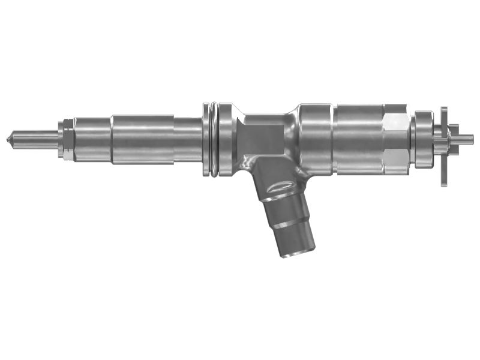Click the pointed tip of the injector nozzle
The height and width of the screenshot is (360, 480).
coord(8,139)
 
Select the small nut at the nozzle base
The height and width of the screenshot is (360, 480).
coord(65,139)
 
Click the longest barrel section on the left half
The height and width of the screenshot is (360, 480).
coord(142,139)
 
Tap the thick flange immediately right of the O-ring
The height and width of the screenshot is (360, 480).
coord(226,139)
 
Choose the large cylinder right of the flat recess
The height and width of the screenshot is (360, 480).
coord(315,139)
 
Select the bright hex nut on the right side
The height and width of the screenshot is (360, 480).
coord(396,139)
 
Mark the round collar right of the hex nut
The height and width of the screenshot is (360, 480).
coord(424,139)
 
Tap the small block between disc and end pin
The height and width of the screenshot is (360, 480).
coord(454,139)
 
